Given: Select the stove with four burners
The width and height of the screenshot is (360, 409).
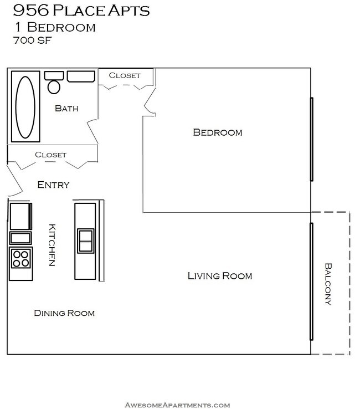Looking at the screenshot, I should [x=21, y=259].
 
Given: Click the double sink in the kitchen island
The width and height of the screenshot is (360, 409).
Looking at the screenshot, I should [x=85, y=241].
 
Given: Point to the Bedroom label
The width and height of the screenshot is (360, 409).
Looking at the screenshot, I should [x=217, y=132].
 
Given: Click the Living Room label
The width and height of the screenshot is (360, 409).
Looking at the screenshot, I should [x=219, y=275].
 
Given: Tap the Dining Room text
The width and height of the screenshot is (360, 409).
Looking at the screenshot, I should [x=64, y=313].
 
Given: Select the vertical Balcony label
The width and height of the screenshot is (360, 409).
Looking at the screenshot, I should [x=328, y=284].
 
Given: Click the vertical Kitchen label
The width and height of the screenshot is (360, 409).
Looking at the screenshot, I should [x=52, y=245].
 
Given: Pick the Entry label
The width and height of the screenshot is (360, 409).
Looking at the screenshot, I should [x=53, y=185].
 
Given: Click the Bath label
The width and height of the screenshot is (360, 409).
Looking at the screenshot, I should [x=66, y=109].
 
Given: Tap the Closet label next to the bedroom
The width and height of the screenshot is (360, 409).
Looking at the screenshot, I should [x=125, y=75].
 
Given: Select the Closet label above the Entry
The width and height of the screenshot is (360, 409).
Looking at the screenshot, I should [x=50, y=155].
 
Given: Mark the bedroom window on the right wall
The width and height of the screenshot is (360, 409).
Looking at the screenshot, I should [x=312, y=139].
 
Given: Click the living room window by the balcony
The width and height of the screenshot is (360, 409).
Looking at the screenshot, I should [x=312, y=282].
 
